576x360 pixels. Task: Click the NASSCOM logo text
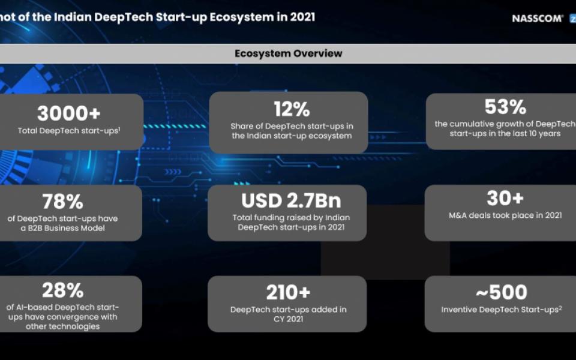pyautogui.click(x=538, y=19)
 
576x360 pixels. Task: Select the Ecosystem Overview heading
pyautogui.click(x=289, y=53)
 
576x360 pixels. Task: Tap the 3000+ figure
pyautogui.click(x=68, y=113)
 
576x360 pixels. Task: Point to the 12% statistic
pyautogui.click(x=292, y=109)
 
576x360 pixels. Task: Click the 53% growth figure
pyautogui.click(x=505, y=107)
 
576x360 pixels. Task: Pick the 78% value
pyautogui.click(x=62, y=202)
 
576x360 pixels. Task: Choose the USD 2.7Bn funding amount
pyautogui.click(x=291, y=200)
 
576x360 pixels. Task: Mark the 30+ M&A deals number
pyautogui.click(x=505, y=199)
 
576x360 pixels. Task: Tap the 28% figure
pyautogui.click(x=62, y=290)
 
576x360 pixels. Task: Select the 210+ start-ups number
pyautogui.click(x=289, y=293)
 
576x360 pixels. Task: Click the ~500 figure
pyautogui.click(x=502, y=292)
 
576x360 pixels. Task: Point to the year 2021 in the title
pyautogui.click(x=302, y=17)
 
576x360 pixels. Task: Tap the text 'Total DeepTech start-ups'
pyautogui.click(x=68, y=131)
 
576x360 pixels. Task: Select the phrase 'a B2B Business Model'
pyautogui.click(x=63, y=228)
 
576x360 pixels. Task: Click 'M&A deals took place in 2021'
pyautogui.click(x=505, y=215)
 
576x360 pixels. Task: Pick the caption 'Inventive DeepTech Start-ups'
pyautogui.click(x=500, y=310)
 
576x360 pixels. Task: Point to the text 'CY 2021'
pyautogui.click(x=289, y=319)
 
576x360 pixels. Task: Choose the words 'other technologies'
pyautogui.click(x=63, y=326)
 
